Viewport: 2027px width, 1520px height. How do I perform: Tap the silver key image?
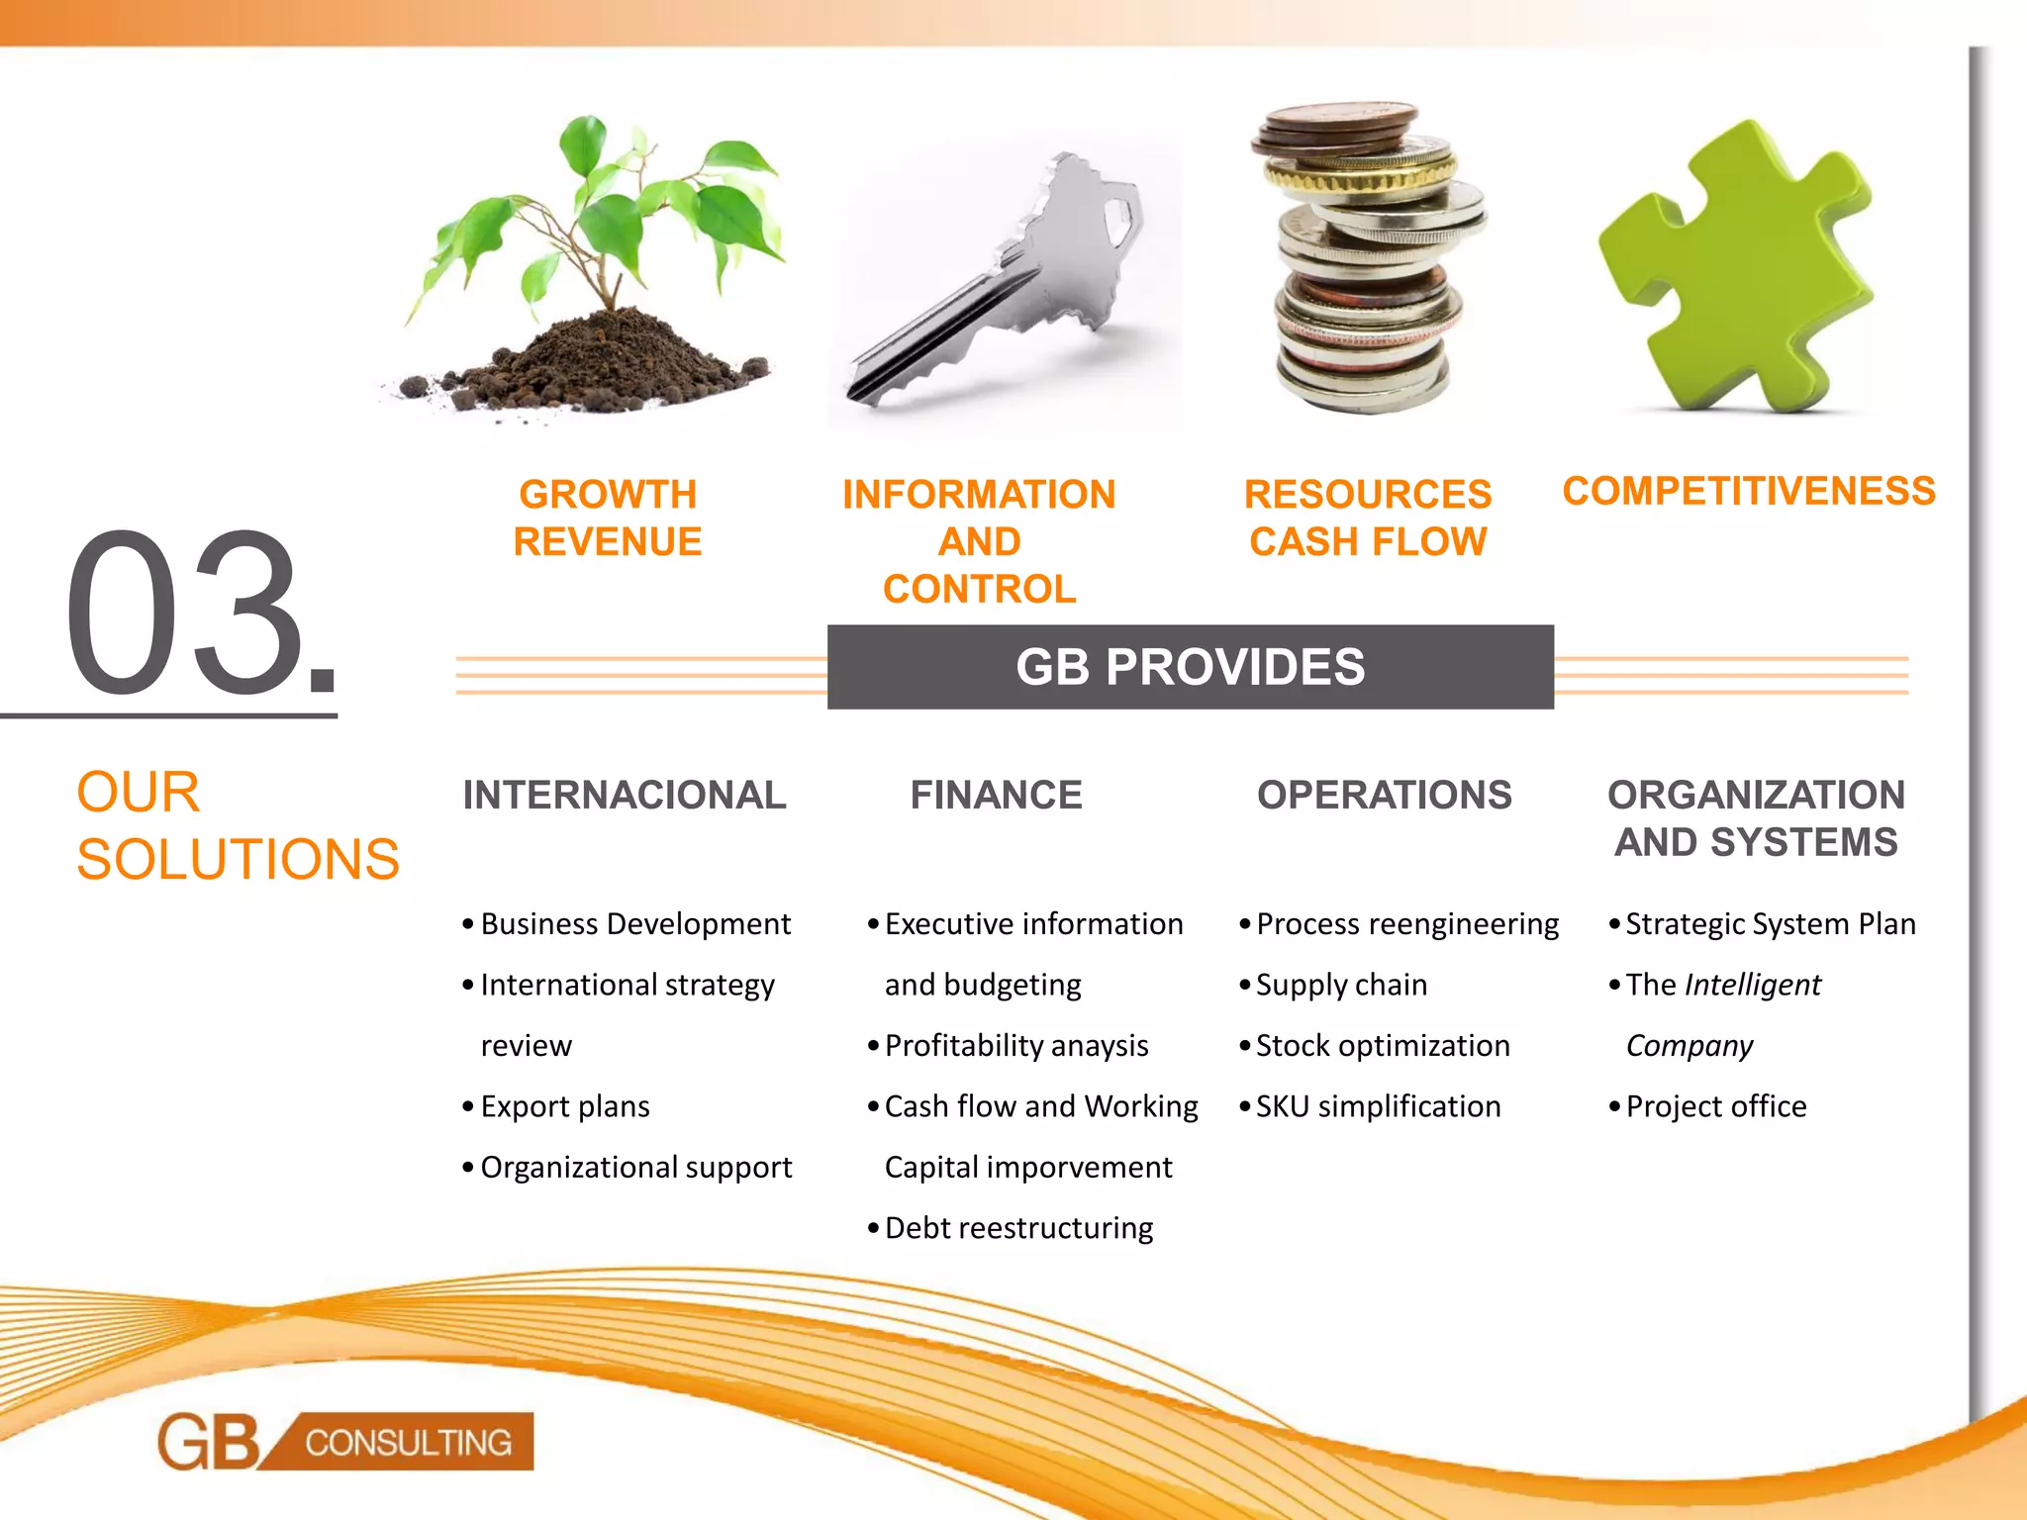[x=1000, y=287]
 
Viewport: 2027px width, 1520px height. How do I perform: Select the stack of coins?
[x=1366, y=257]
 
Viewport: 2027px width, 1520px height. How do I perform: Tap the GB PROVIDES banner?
[x=1190, y=667]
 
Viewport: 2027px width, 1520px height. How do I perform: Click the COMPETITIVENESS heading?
[x=1749, y=491]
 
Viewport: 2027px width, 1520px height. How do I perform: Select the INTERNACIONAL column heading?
[x=625, y=795]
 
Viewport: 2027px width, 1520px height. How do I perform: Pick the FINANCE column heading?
[x=996, y=795]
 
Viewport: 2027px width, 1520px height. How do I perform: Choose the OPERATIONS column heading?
[x=1384, y=795]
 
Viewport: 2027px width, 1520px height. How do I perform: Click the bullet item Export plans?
[x=565, y=1106]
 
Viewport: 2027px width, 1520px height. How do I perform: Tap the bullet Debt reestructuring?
[x=1018, y=1228]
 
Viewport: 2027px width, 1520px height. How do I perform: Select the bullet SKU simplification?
[x=1378, y=1106]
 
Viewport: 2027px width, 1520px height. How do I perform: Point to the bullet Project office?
[x=1715, y=1106]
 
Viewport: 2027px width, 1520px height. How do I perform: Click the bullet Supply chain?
[x=1341, y=985]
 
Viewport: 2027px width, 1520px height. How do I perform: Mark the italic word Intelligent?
[x=1752, y=985]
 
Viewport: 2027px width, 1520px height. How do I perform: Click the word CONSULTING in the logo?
[x=408, y=1443]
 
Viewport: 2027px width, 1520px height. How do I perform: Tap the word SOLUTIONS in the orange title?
[x=238, y=859]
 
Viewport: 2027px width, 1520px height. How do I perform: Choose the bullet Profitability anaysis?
[x=1016, y=1046]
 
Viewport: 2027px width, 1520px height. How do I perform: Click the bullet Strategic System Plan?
[x=1770, y=924]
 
